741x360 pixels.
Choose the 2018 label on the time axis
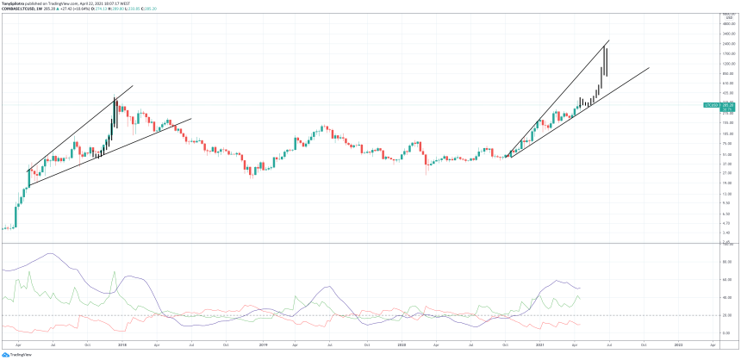point(121,344)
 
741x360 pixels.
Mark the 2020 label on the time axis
point(402,344)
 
